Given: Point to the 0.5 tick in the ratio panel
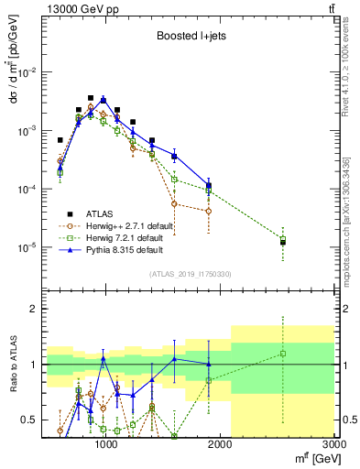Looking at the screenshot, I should [x=29, y=420].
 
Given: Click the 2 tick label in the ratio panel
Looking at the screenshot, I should [x=35, y=310].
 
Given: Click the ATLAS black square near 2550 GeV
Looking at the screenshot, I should [x=283, y=242].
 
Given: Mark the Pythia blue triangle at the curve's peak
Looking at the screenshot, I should [x=104, y=99].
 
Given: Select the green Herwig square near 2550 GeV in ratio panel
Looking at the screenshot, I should [x=283, y=354].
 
